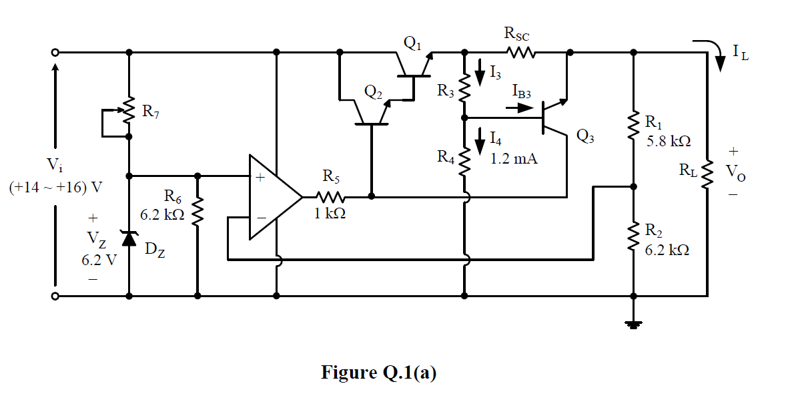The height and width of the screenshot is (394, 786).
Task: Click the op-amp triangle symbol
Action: (272, 197)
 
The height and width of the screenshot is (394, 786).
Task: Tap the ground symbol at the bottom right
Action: (633, 325)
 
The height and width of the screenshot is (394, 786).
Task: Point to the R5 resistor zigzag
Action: (331, 197)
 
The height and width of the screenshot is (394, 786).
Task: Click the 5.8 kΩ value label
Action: (668, 142)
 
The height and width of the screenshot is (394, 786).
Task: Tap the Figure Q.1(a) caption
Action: (379, 372)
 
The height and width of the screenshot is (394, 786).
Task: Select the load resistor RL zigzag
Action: (707, 174)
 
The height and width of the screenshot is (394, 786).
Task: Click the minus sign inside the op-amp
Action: (261, 218)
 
